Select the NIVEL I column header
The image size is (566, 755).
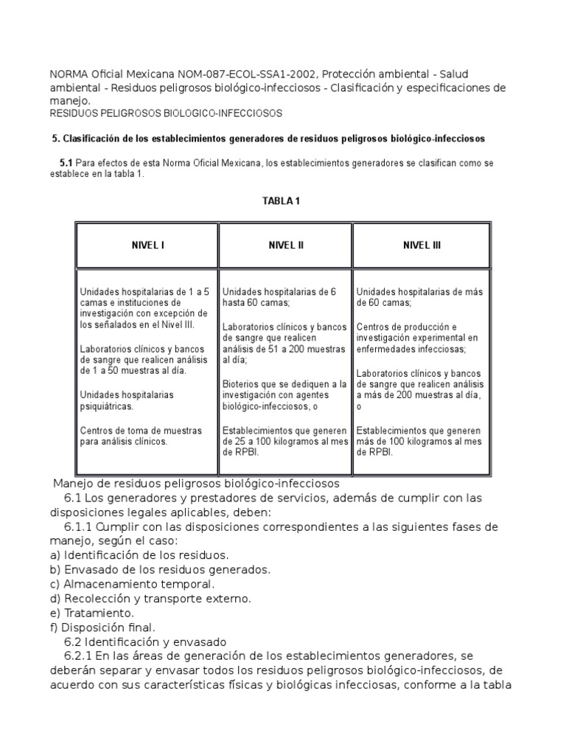pos(147,246)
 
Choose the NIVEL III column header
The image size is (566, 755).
pos(422,246)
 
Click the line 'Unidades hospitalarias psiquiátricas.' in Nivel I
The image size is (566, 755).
pos(127,400)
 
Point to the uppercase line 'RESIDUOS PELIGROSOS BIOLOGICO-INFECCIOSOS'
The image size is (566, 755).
pos(165,114)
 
